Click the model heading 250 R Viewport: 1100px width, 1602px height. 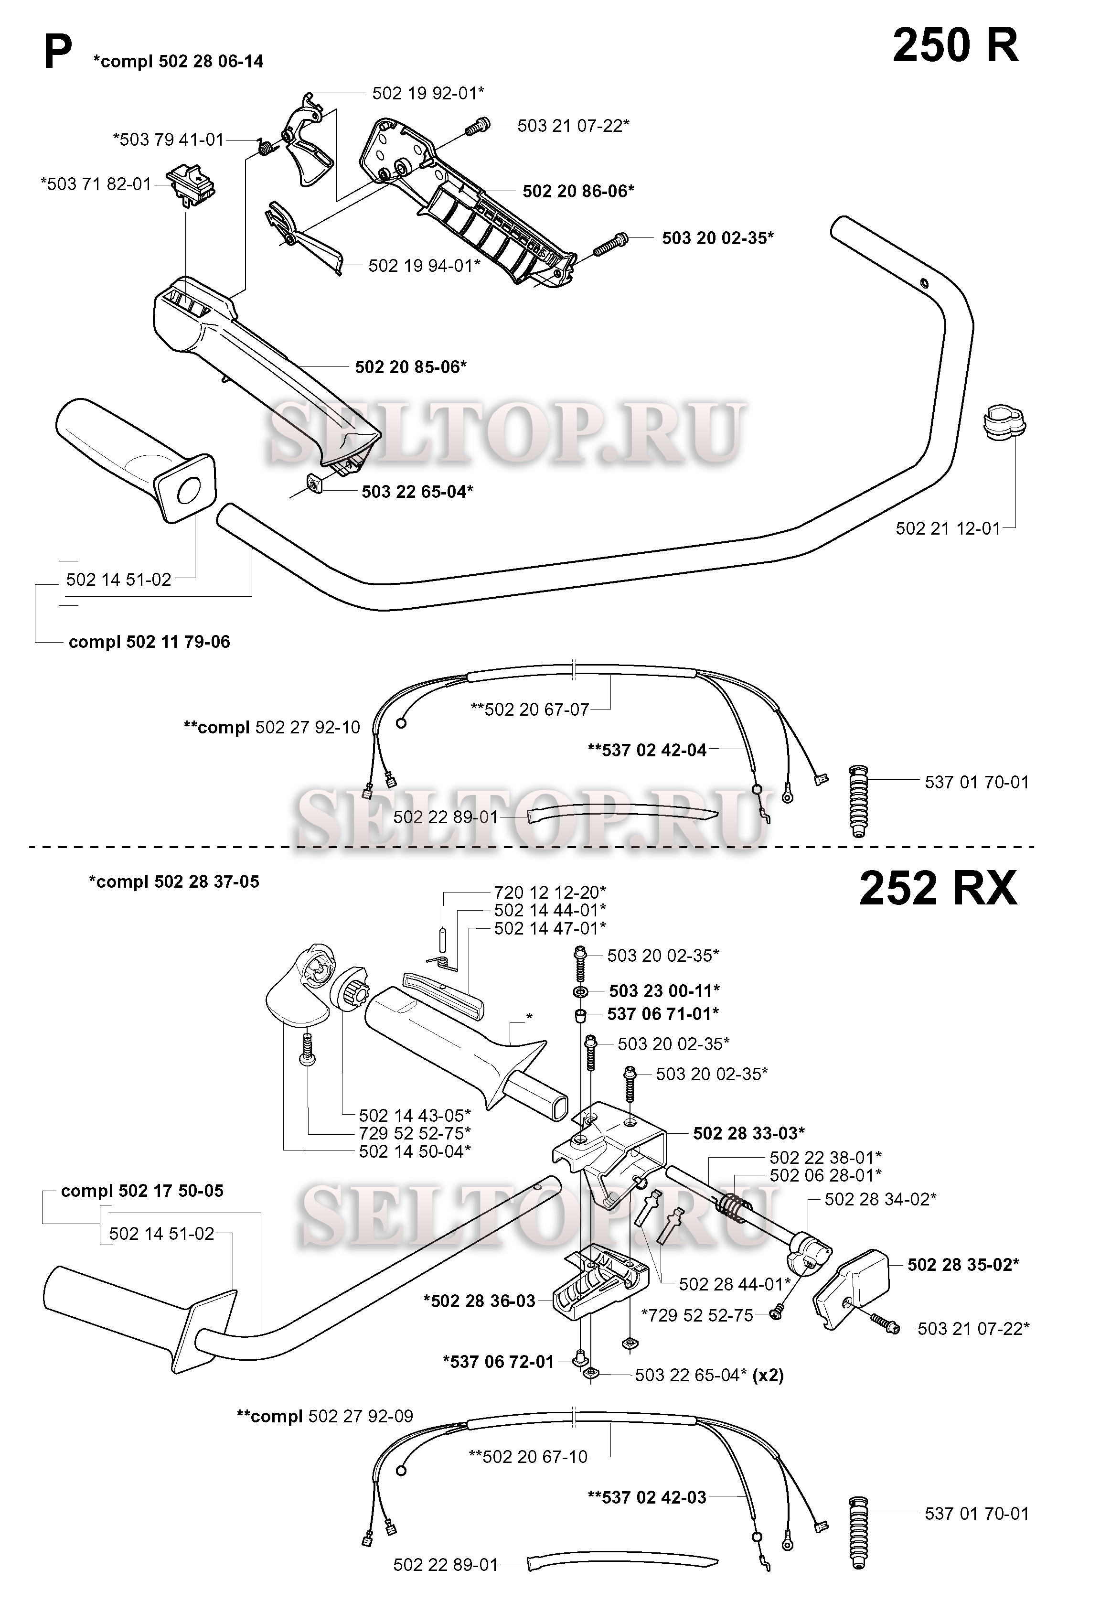pyautogui.click(x=955, y=45)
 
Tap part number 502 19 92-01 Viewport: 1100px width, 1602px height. pyautogui.click(x=428, y=93)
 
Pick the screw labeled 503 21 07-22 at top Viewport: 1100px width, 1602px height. pyautogui.click(x=476, y=126)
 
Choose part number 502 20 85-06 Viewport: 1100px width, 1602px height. pyautogui.click(x=411, y=367)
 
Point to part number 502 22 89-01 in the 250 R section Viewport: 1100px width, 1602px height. pyautogui.click(x=445, y=817)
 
